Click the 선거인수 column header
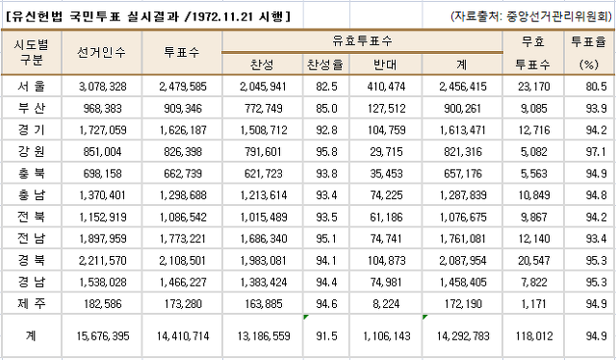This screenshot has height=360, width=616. [x=101, y=52]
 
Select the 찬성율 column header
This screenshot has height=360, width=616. [x=325, y=64]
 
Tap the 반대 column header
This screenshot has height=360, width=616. [x=385, y=64]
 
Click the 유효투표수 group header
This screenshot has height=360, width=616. [x=362, y=40]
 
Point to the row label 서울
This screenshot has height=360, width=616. [x=32, y=86]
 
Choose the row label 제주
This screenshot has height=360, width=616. [x=32, y=303]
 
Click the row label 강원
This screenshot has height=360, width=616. [x=32, y=151]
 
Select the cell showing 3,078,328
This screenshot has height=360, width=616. [x=103, y=87]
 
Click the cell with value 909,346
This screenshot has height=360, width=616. [x=183, y=108]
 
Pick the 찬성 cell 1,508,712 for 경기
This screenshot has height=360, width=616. [x=264, y=130]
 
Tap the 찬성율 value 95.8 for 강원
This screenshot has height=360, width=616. [x=326, y=152]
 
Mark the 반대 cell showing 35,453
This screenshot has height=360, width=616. [x=387, y=173]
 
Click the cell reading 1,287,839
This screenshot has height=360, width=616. [x=463, y=195]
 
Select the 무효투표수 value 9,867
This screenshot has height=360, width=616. [x=534, y=217]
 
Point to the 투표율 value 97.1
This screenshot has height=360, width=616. [x=597, y=152]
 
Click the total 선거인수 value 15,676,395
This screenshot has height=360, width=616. [x=103, y=336]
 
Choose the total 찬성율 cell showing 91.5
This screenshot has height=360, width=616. [x=326, y=336]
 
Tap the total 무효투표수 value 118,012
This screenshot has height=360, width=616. [x=534, y=336]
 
